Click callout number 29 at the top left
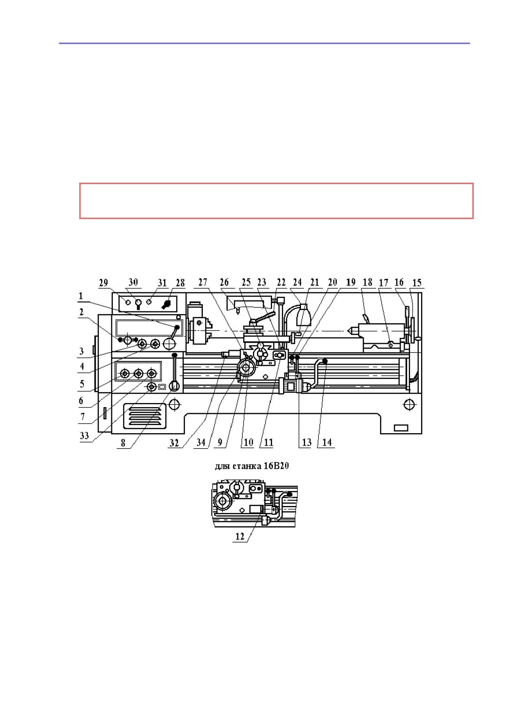103,283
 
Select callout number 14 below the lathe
327,442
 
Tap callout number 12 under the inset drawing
240,537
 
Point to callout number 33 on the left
84,436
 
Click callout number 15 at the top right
417,283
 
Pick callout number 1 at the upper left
81,296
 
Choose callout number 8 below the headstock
123,443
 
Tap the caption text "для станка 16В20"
252,466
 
